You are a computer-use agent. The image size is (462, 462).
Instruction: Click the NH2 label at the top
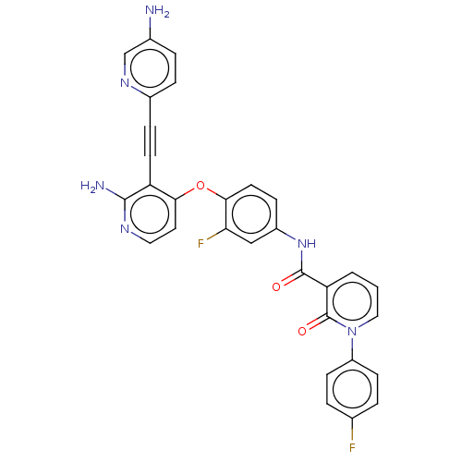tap(157, 11)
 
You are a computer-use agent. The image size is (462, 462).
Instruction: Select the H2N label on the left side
tap(92, 186)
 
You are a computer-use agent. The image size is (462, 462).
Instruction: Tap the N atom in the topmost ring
tap(125, 83)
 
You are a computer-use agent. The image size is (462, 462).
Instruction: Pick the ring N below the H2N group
tap(125, 229)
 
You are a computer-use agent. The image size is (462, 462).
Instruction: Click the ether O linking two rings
tap(201, 186)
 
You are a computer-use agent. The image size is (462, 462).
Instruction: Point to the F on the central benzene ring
tap(201, 244)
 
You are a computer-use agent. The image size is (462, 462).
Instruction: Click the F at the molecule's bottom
tap(352, 447)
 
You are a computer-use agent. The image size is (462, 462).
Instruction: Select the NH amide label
tap(307, 244)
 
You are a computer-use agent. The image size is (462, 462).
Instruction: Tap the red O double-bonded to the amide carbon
tap(276, 287)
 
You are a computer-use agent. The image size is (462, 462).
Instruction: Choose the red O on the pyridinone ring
tap(302, 332)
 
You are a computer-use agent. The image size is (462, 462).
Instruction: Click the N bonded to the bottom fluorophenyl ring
tap(352, 332)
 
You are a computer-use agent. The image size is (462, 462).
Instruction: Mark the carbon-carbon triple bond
tap(151, 140)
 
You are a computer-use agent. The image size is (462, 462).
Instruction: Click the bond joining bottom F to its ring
tap(352, 429)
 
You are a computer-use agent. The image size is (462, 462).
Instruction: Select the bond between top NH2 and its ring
tap(150, 29)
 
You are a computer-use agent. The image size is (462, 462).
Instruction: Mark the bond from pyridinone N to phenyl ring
tap(352, 349)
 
